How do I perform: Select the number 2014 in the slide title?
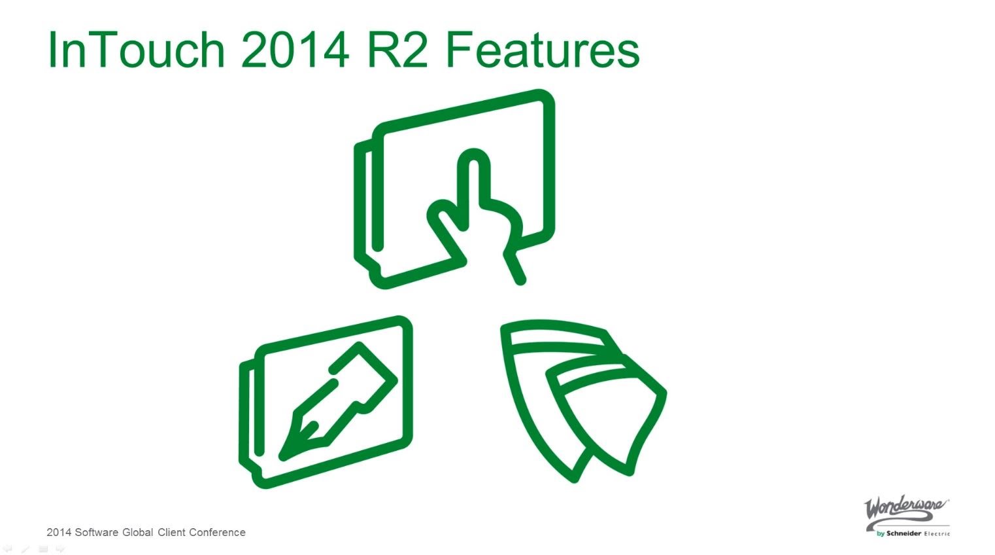(295, 50)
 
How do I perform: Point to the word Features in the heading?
(542, 50)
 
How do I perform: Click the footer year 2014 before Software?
(59, 533)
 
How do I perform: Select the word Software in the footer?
(97, 533)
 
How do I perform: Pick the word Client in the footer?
(171, 533)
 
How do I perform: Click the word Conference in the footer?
(217, 533)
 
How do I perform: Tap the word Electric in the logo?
(937, 533)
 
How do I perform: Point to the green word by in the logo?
(881, 533)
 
